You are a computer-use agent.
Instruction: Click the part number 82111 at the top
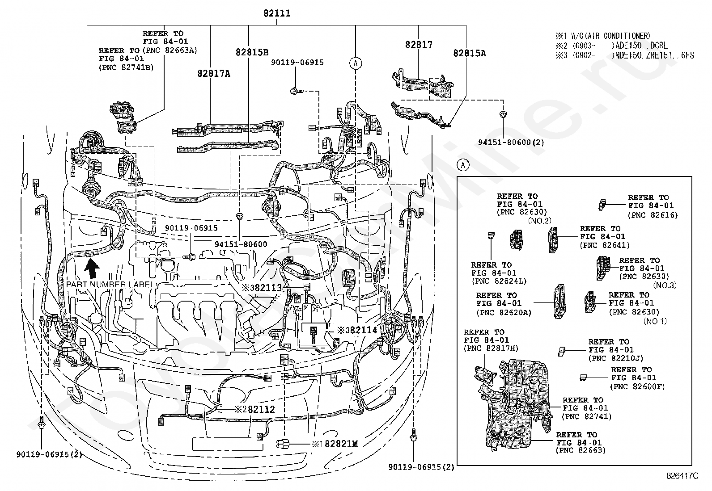[277, 13]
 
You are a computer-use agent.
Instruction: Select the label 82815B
[252, 52]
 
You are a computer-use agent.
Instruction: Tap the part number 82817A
[214, 74]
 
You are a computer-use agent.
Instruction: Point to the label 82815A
[470, 53]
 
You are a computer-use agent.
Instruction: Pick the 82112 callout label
[261, 409]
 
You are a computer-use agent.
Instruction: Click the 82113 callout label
[268, 288]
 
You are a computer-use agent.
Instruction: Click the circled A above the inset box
[463, 165]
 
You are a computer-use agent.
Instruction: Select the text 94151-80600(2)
[511, 142]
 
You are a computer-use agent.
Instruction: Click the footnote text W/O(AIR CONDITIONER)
[611, 36]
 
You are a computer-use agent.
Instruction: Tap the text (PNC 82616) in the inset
[653, 215]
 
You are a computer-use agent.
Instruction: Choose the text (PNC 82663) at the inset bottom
[581, 450]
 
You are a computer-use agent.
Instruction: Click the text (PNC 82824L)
[499, 281]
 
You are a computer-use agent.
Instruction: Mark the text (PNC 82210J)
[616, 359]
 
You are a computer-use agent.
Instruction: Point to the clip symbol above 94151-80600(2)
[503, 114]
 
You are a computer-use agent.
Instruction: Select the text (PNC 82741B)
[126, 67]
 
